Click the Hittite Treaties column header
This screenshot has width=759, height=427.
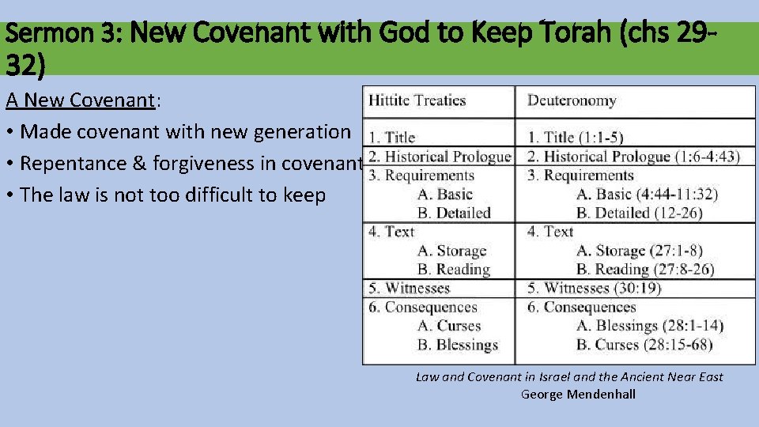coord(417,100)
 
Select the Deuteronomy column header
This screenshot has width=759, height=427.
coord(572,100)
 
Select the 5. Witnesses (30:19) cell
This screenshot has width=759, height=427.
coord(595,289)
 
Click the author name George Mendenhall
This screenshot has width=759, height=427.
coord(578,394)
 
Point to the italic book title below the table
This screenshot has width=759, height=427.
coord(569,377)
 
